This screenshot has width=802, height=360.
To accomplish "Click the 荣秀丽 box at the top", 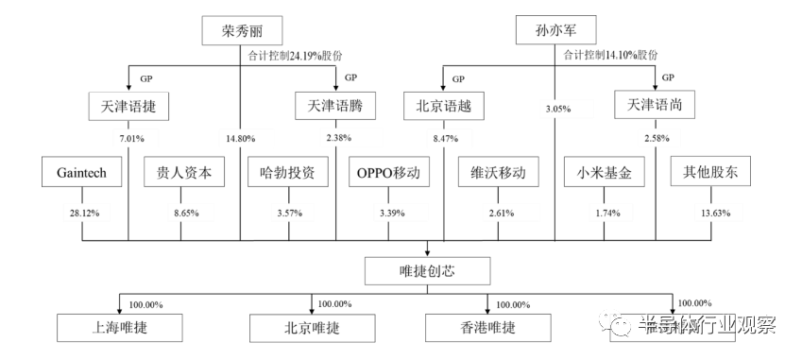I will [x=240, y=31].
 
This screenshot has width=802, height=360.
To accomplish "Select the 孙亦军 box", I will [x=555, y=31].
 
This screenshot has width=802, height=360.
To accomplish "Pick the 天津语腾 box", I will [x=335, y=107].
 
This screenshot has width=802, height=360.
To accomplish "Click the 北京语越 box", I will [x=444, y=107].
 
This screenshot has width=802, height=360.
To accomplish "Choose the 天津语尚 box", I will [x=655, y=107].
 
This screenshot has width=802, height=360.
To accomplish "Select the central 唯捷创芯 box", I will [x=429, y=274].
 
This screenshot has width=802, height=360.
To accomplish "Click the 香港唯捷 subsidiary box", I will [x=488, y=328].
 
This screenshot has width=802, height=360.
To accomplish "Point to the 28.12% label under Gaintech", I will [x=81, y=213].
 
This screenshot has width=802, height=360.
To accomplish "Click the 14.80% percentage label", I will [x=242, y=140].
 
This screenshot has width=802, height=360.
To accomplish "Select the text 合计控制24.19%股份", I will [x=293, y=56].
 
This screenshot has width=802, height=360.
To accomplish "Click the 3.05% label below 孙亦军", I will [x=558, y=111].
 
